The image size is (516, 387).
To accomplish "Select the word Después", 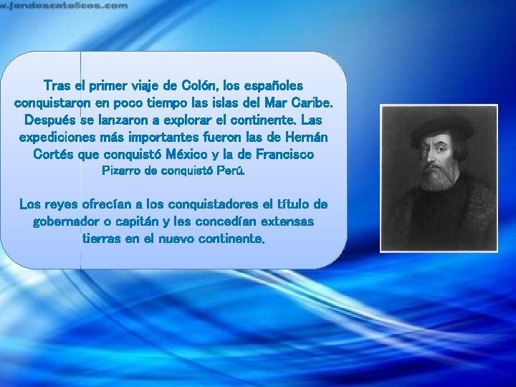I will click(48, 120).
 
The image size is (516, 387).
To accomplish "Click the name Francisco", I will click(282, 154).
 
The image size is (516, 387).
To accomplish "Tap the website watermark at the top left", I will click(64, 5).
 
